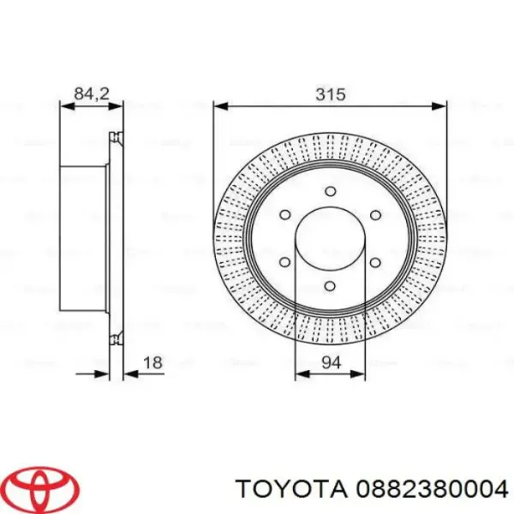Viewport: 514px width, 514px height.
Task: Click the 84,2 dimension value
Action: tap(90, 95)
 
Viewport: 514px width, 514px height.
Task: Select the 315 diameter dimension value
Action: tap(331, 95)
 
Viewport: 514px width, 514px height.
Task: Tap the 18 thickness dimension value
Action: tap(153, 364)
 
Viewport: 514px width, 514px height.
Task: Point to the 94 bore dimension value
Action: tap(331, 363)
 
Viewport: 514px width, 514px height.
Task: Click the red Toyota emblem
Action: tap(40, 489)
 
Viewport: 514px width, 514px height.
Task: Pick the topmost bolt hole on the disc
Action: tap(331, 191)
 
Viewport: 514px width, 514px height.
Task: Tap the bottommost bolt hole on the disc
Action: tap(331, 289)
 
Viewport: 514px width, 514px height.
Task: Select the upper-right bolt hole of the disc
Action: tap(374, 215)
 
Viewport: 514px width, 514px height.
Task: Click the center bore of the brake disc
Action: tap(331, 240)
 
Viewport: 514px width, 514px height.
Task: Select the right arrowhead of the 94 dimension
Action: tap(362, 374)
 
